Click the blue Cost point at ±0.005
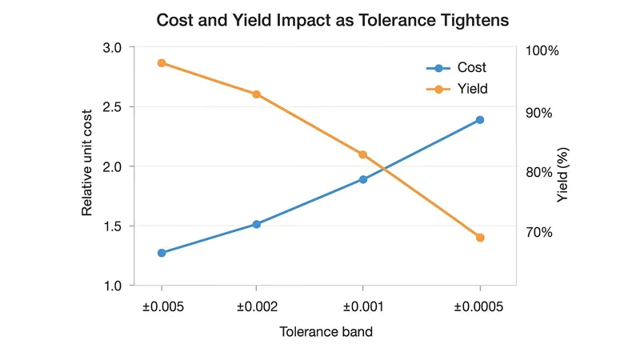pyautogui.click(x=162, y=253)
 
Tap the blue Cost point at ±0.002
pyautogui.click(x=256, y=224)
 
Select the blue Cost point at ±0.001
pyautogui.click(x=362, y=179)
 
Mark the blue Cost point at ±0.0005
pyautogui.click(x=480, y=120)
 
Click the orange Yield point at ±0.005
pyautogui.click(x=162, y=63)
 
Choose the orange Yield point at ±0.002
pyautogui.click(x=256, y=94)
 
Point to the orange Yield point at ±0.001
pyautogui.click(x=362, y=154)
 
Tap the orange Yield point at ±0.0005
pyautogui.click(x=480, y=238)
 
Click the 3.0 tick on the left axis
pyautogui.click(x=113, y=48)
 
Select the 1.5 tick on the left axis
pyautogui.click(x=113, y=226)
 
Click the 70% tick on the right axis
pyautogui.click(x=538, y=233)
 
